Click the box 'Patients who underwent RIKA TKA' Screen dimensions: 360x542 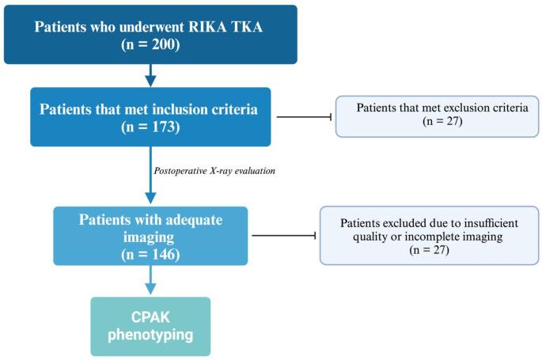[150, 34]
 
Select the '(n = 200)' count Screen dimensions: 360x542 [150, 44]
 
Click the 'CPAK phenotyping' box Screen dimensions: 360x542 [150, 325]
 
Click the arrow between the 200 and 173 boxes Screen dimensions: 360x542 [150, 76]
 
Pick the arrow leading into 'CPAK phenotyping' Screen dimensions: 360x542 [150, 281]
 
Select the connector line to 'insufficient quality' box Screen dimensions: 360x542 [285, 235]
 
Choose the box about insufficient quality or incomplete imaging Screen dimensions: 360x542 [430, 235]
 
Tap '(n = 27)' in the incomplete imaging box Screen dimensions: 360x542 [430, 249]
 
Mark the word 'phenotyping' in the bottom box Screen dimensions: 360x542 [150, 335]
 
